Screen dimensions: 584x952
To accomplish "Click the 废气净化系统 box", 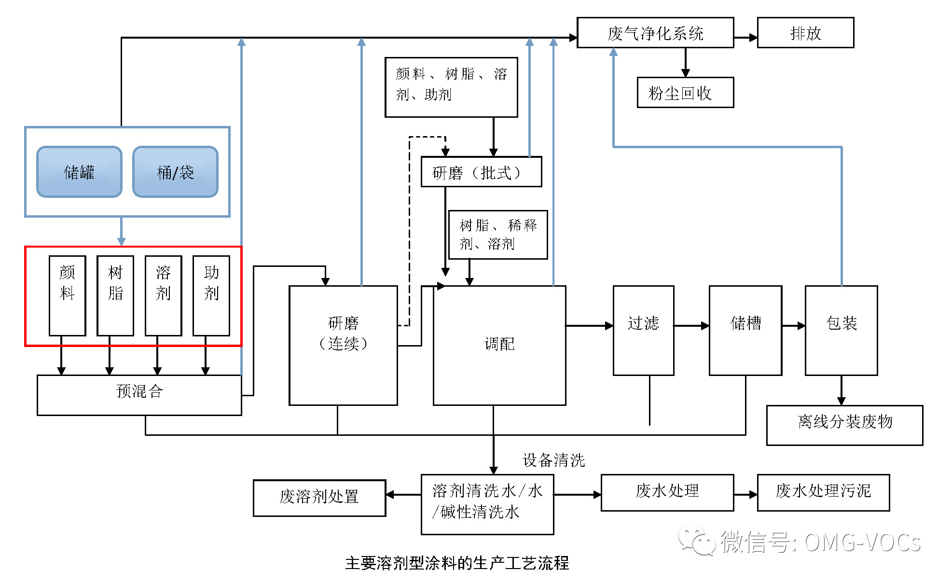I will click(x=655, y=33).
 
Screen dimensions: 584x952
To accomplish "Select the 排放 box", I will click(x=805, y=33).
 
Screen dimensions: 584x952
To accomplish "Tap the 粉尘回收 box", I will click(x=685, y=93).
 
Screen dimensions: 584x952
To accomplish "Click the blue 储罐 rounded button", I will click(x=79, y=172).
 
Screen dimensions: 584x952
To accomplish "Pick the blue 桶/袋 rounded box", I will click(x=175, y=172).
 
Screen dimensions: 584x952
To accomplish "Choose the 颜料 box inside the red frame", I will click(x=67, y=295).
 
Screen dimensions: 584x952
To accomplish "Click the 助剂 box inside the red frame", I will click(x=211, y=295).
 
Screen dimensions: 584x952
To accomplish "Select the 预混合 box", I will click(x=139, y=395).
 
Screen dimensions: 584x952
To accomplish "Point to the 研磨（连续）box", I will click(x=343, y=345).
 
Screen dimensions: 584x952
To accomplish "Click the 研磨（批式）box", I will click(x=481, y=172).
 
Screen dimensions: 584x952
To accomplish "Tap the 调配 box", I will click(x=499, y=345).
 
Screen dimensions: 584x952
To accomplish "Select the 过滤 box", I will click(x=643, y=330).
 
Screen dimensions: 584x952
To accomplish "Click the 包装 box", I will click(x=841, y=330).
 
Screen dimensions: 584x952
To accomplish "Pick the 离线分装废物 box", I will click(x=844, y=425).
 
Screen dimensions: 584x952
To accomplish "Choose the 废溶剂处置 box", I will click(x=319, y=498).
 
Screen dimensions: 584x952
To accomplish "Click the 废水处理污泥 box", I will click(x=823, y=492).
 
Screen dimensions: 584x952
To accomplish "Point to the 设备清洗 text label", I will click(x=553, y=460).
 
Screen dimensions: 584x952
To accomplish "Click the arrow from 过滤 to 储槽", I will click(x=691, y=326).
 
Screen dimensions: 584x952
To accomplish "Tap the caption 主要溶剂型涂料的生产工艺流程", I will click(x=457, y=563).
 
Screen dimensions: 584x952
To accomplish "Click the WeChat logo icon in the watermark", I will click(x=697, y=540).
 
